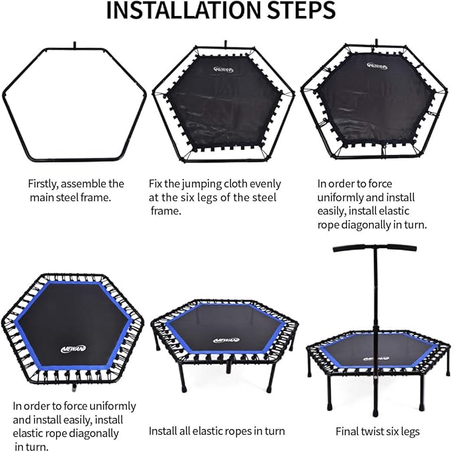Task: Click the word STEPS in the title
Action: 301,10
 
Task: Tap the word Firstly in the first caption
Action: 43,184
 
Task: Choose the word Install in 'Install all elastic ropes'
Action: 160,431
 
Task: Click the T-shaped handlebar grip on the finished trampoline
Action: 374,248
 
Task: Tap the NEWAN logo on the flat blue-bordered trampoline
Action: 74,348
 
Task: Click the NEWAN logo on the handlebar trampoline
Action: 376,359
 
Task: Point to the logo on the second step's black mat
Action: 223,70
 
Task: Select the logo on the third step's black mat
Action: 377,66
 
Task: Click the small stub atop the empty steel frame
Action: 75,45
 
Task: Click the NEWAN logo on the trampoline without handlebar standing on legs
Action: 226,340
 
